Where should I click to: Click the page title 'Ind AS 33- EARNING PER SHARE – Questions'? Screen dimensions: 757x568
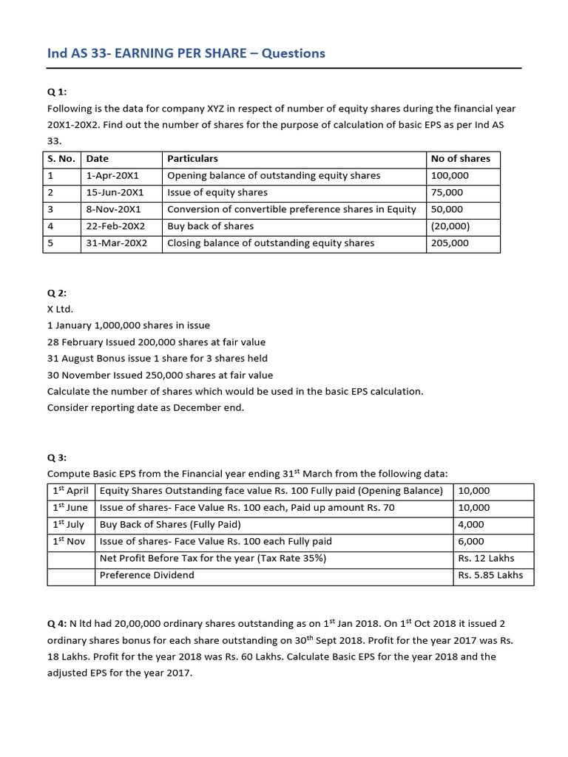point(186,53)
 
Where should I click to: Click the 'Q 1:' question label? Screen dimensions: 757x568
point(57,92)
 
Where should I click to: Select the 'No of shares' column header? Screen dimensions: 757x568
point(460,158)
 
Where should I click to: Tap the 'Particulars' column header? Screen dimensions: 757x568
point(192,158)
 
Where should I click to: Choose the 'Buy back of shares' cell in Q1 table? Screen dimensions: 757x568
point(210,226)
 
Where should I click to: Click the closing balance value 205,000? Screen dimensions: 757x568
point(450,243)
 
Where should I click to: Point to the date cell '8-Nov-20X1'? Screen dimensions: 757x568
point(113,209)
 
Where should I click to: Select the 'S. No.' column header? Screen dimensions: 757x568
point(61,158)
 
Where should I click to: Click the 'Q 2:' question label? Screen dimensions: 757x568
point(57,293)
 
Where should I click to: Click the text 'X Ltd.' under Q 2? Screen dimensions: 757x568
point(61,309)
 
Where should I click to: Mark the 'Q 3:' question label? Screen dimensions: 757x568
point(57,458)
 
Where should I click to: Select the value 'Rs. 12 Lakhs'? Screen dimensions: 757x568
point(486,558)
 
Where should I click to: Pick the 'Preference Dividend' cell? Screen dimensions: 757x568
point(146,575)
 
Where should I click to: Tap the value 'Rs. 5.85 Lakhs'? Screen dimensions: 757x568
point(490,575)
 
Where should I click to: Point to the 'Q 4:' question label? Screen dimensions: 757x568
point(57,624)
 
